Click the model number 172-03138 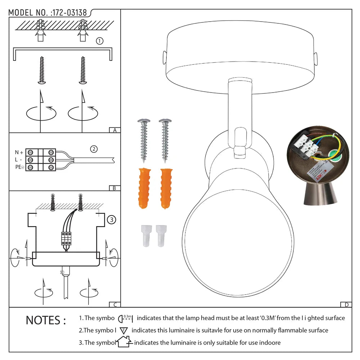click(69, 13)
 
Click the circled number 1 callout click(100, 41)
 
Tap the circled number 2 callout click(94, 149)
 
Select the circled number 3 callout click(112, 219)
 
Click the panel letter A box click(114, 130)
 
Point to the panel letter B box click(114, 188)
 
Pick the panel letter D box click(346, 305)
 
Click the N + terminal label click(19, 152)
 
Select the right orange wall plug click(166, 188)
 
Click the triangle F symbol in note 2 click(124, 330)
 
